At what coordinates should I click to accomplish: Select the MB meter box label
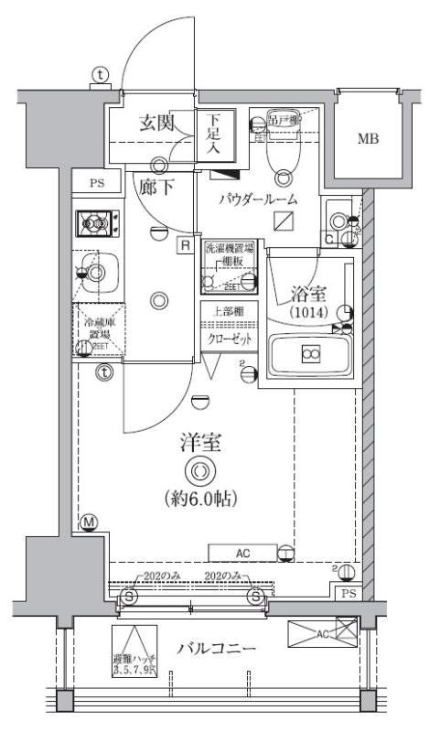pos(368,139)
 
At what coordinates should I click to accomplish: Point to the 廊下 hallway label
pos(157,185)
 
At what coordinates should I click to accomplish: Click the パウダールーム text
pos(257,199)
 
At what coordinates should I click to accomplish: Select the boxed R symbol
pos(186,244)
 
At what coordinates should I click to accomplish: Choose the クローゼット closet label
pos(229,337)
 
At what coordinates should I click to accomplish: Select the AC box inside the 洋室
pos(242,552)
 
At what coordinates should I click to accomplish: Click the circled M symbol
pos(89,523)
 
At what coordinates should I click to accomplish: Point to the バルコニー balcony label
pos(216,649)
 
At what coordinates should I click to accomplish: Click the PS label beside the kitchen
pos(97,183)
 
